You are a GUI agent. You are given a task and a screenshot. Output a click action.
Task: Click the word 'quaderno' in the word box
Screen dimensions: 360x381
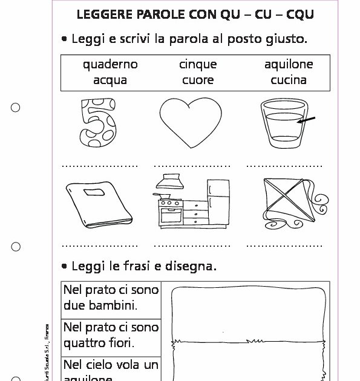111,65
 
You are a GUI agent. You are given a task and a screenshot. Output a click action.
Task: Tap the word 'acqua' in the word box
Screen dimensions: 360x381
111,80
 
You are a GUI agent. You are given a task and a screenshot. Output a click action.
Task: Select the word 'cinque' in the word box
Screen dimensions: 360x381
197,65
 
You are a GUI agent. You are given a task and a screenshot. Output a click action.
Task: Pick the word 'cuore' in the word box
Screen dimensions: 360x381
197,80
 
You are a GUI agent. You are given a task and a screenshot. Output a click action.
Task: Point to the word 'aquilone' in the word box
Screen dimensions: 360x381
289,65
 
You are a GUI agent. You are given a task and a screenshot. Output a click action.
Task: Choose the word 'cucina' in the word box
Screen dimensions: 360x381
289,80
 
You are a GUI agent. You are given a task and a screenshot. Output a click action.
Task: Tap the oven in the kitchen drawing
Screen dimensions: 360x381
170,212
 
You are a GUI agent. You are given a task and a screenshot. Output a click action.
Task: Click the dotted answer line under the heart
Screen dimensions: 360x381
192,164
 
